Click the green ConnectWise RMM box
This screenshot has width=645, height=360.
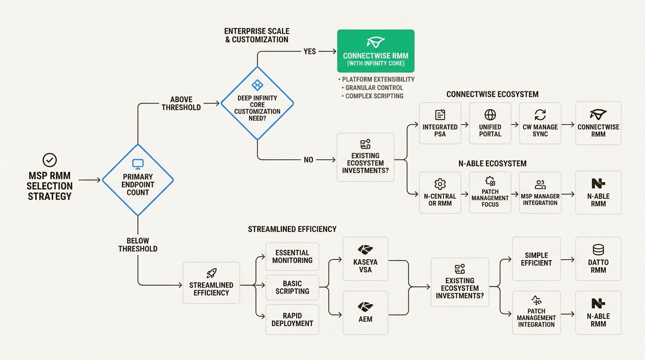(x=375, y=51)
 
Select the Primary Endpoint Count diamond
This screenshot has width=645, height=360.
(x=138, y=180)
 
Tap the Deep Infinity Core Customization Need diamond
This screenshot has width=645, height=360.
(x=257, y=103)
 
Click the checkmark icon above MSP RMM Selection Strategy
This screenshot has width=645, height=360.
(x=49, y=160)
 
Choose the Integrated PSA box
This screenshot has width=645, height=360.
(x=440, y=123)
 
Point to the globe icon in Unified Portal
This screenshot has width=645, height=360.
(x=490, y=115)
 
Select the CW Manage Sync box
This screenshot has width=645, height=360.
(x=540, y=123)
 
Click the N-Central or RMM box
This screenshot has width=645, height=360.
(x=440, y=192)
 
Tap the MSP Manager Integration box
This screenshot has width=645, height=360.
(x=540, y=192)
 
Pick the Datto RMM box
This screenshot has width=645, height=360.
(x=598, y=259)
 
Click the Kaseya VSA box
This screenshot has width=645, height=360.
(x=365, y=259)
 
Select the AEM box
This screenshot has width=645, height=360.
(x=365, y=313)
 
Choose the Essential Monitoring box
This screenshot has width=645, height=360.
(x=292, y=256)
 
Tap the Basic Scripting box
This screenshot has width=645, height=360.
(x=292, y=287)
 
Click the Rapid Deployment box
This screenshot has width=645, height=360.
(x=292, y=319)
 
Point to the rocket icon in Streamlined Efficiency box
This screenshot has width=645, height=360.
(x=211, y=273)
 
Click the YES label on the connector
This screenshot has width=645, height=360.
(x=309, y=52)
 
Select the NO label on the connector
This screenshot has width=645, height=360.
(x=308, y=160)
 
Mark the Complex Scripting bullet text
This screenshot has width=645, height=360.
(x=374, y=96)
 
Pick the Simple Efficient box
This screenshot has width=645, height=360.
(x=536, y=259)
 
